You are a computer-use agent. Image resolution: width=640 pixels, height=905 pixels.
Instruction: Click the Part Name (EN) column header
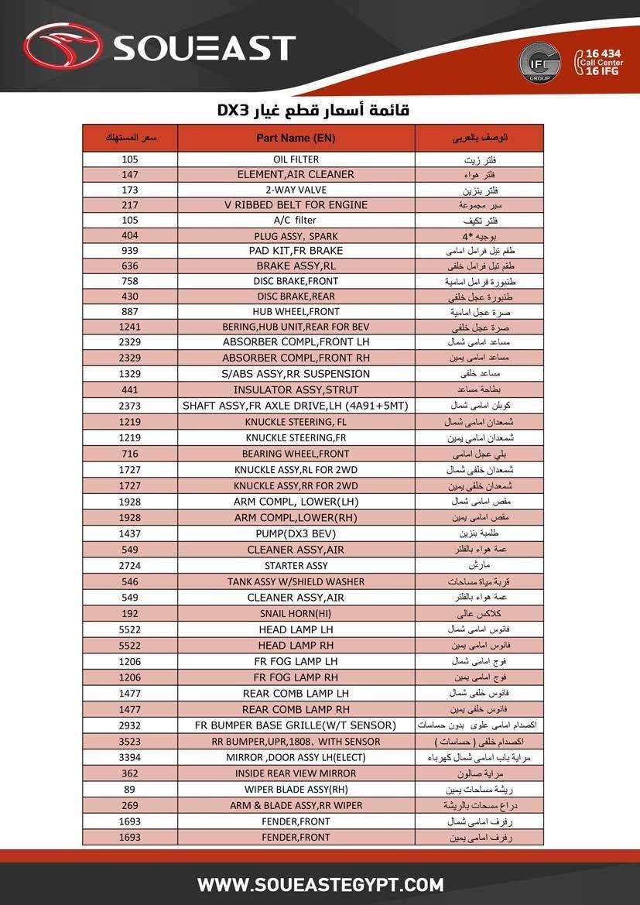coord(296,138)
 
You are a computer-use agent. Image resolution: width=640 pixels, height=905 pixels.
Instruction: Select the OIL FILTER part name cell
coord(296,159)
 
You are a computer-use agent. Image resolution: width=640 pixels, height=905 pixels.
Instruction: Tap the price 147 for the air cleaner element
coord(130,175)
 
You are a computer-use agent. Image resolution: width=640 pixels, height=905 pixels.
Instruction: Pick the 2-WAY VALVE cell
coord(296,190)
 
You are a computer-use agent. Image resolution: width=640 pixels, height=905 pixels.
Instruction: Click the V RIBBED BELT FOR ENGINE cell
coord(296,205)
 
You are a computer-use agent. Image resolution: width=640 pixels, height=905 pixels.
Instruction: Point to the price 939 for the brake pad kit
coord(130,251)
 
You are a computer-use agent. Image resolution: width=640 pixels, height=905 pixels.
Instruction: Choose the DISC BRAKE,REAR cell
coord(296,297)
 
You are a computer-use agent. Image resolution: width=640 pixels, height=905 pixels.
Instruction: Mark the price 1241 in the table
coord(130,327)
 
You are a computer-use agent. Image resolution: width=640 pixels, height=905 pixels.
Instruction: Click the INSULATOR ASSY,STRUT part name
coord(296,390)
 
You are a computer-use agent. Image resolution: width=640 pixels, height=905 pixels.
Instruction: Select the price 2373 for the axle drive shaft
coord(130,406)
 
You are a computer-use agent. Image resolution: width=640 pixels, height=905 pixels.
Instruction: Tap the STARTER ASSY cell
coord(296,566)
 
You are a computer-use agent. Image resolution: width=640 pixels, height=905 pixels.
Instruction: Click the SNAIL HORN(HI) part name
coord(296,613)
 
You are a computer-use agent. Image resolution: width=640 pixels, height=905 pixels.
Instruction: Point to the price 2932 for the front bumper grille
coord(130,725)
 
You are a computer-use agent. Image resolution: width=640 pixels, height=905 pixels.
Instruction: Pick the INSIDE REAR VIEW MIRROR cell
coord(296,773)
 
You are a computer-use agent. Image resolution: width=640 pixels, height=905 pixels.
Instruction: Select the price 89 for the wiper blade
coord(130,790)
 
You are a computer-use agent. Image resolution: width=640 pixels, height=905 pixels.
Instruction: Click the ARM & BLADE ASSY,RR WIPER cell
coord(296,805)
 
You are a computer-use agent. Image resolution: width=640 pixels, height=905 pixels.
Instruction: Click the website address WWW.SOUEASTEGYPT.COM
coord(320,884)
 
